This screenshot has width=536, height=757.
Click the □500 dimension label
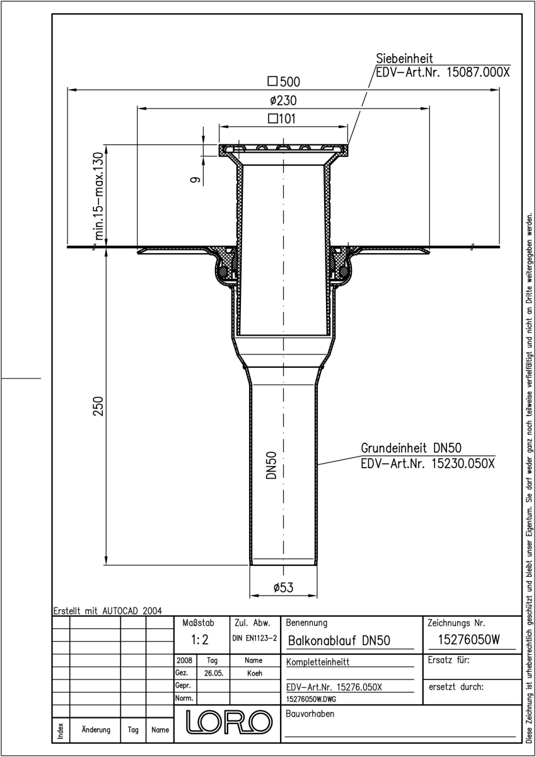point(284,81)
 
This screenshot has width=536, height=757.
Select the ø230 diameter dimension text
point(283,100)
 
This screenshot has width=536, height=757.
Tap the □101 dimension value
point(282,119)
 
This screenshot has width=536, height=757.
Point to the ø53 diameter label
point(283,587)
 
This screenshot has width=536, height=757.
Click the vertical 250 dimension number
point(98,406)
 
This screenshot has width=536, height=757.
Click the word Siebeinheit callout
point(404,59)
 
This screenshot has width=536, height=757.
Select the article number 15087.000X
point(478,73)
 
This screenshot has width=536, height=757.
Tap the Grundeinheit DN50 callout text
point(411,448)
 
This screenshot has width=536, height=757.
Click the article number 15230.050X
point(463,463)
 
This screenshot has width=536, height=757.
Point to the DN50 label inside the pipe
point(271,465)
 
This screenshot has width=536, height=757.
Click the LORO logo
point(229,722)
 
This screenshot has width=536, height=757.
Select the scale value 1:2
point(200,640)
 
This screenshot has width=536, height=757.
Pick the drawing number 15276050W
point(469,640)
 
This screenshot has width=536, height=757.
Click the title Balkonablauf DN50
point(339,640)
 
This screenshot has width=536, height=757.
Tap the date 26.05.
point(214,673)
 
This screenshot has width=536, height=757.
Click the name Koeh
point(254,673)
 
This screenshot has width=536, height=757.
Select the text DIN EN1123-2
point(255,638)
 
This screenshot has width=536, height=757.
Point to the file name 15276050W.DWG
point(311,699)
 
